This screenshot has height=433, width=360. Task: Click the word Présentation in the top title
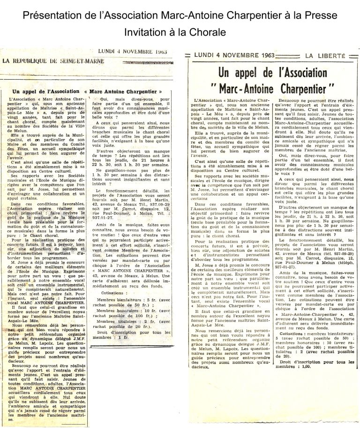pyautogui.click(x=52, y=16)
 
